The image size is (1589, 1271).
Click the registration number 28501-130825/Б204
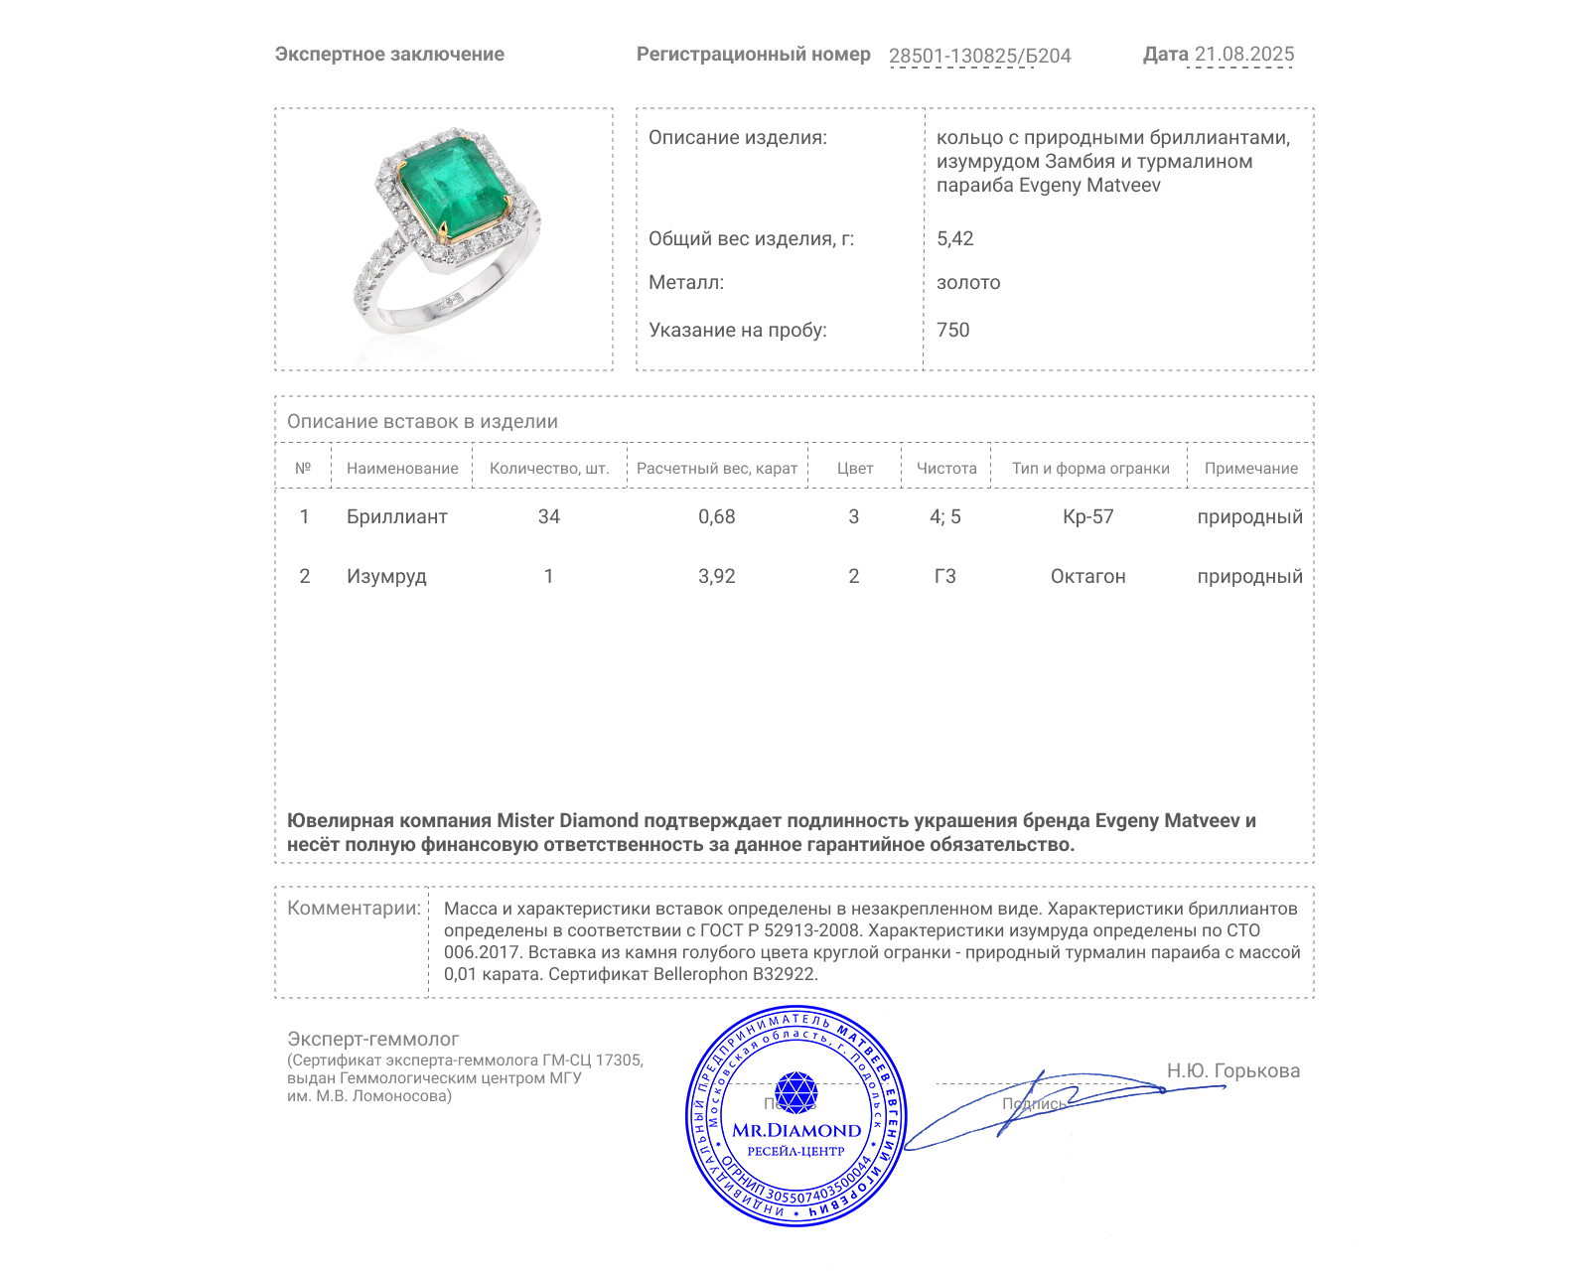coord(979,56)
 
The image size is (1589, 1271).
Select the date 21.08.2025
coord(1243,55)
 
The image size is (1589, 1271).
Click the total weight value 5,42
coord(954,238)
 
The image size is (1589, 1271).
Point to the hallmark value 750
coord(952,330)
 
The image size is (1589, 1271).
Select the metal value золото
coord(968,282)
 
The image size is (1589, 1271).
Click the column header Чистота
coord(945,468)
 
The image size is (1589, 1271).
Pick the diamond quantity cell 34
coord(548,516)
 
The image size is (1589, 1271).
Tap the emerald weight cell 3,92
coord(716,576)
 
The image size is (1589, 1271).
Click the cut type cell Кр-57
coord(1087,516)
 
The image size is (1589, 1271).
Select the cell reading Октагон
coord(1087,576)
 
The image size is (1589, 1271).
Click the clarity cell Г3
coord(944,576)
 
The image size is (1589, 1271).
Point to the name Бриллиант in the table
coord(396,516)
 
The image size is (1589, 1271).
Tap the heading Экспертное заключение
coord(389,55)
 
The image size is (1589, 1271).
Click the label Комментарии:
coord(354,908)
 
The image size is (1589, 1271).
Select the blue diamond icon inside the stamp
coord(795,1092)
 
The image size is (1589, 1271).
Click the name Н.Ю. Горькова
coord(1232,1070)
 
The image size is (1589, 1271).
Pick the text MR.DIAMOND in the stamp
coord(796,1130)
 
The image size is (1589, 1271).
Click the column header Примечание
coord(1250,468)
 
